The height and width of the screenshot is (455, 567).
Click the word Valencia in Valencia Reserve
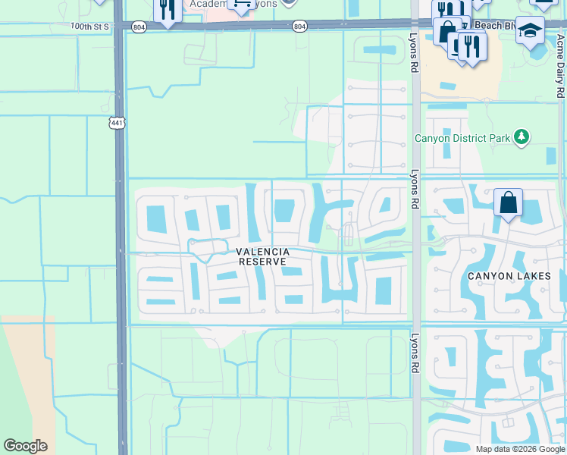(262, 252)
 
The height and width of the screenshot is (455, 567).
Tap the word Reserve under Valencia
(262, 262)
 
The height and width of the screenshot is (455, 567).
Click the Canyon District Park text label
(462, 139)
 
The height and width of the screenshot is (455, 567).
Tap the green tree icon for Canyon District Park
(520, 137)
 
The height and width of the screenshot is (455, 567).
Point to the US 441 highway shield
(116, 123)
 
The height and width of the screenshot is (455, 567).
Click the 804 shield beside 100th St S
(138, 27)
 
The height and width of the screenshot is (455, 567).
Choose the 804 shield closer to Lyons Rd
(300, 27)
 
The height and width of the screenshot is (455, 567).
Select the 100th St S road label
(90, 26)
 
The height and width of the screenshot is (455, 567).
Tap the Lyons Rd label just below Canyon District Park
(415, 189)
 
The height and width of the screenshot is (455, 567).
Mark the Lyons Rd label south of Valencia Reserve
(415, 353)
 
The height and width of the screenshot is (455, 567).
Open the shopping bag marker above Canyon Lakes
(508, 202)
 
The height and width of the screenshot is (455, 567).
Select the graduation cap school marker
(531, 30)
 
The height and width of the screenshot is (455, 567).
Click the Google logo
(25, 446)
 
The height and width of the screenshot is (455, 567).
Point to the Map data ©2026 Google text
(519, 449)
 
